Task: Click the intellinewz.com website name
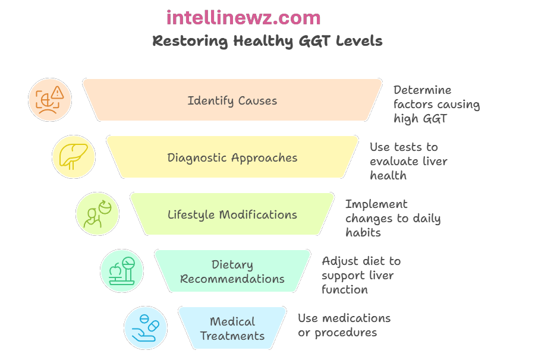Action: (x=243, y=18)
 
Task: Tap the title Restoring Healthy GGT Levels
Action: (x=267, y=41)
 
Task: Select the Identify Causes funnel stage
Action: (x=232, y=100)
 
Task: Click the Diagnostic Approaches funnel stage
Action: (x=232, y=157)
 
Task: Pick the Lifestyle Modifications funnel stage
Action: (x=232, y=214)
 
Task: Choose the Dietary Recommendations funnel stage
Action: (x=232, y=271)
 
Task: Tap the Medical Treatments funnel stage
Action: (x=232, y=329)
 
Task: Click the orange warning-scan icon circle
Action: (x=50, y=100)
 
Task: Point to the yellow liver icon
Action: (x=74, y=157)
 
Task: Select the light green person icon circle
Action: (x=97, y=214)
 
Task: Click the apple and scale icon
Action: (x=122, y=271)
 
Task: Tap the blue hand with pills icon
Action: (x=146, y=328)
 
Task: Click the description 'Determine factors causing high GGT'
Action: (x=436, y=104)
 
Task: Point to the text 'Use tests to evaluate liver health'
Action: (x=408, y=161)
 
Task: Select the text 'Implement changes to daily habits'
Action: (x=393, y=218)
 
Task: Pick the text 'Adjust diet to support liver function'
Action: (x=361, y=275)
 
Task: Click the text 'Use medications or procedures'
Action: (x=344, y=325)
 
